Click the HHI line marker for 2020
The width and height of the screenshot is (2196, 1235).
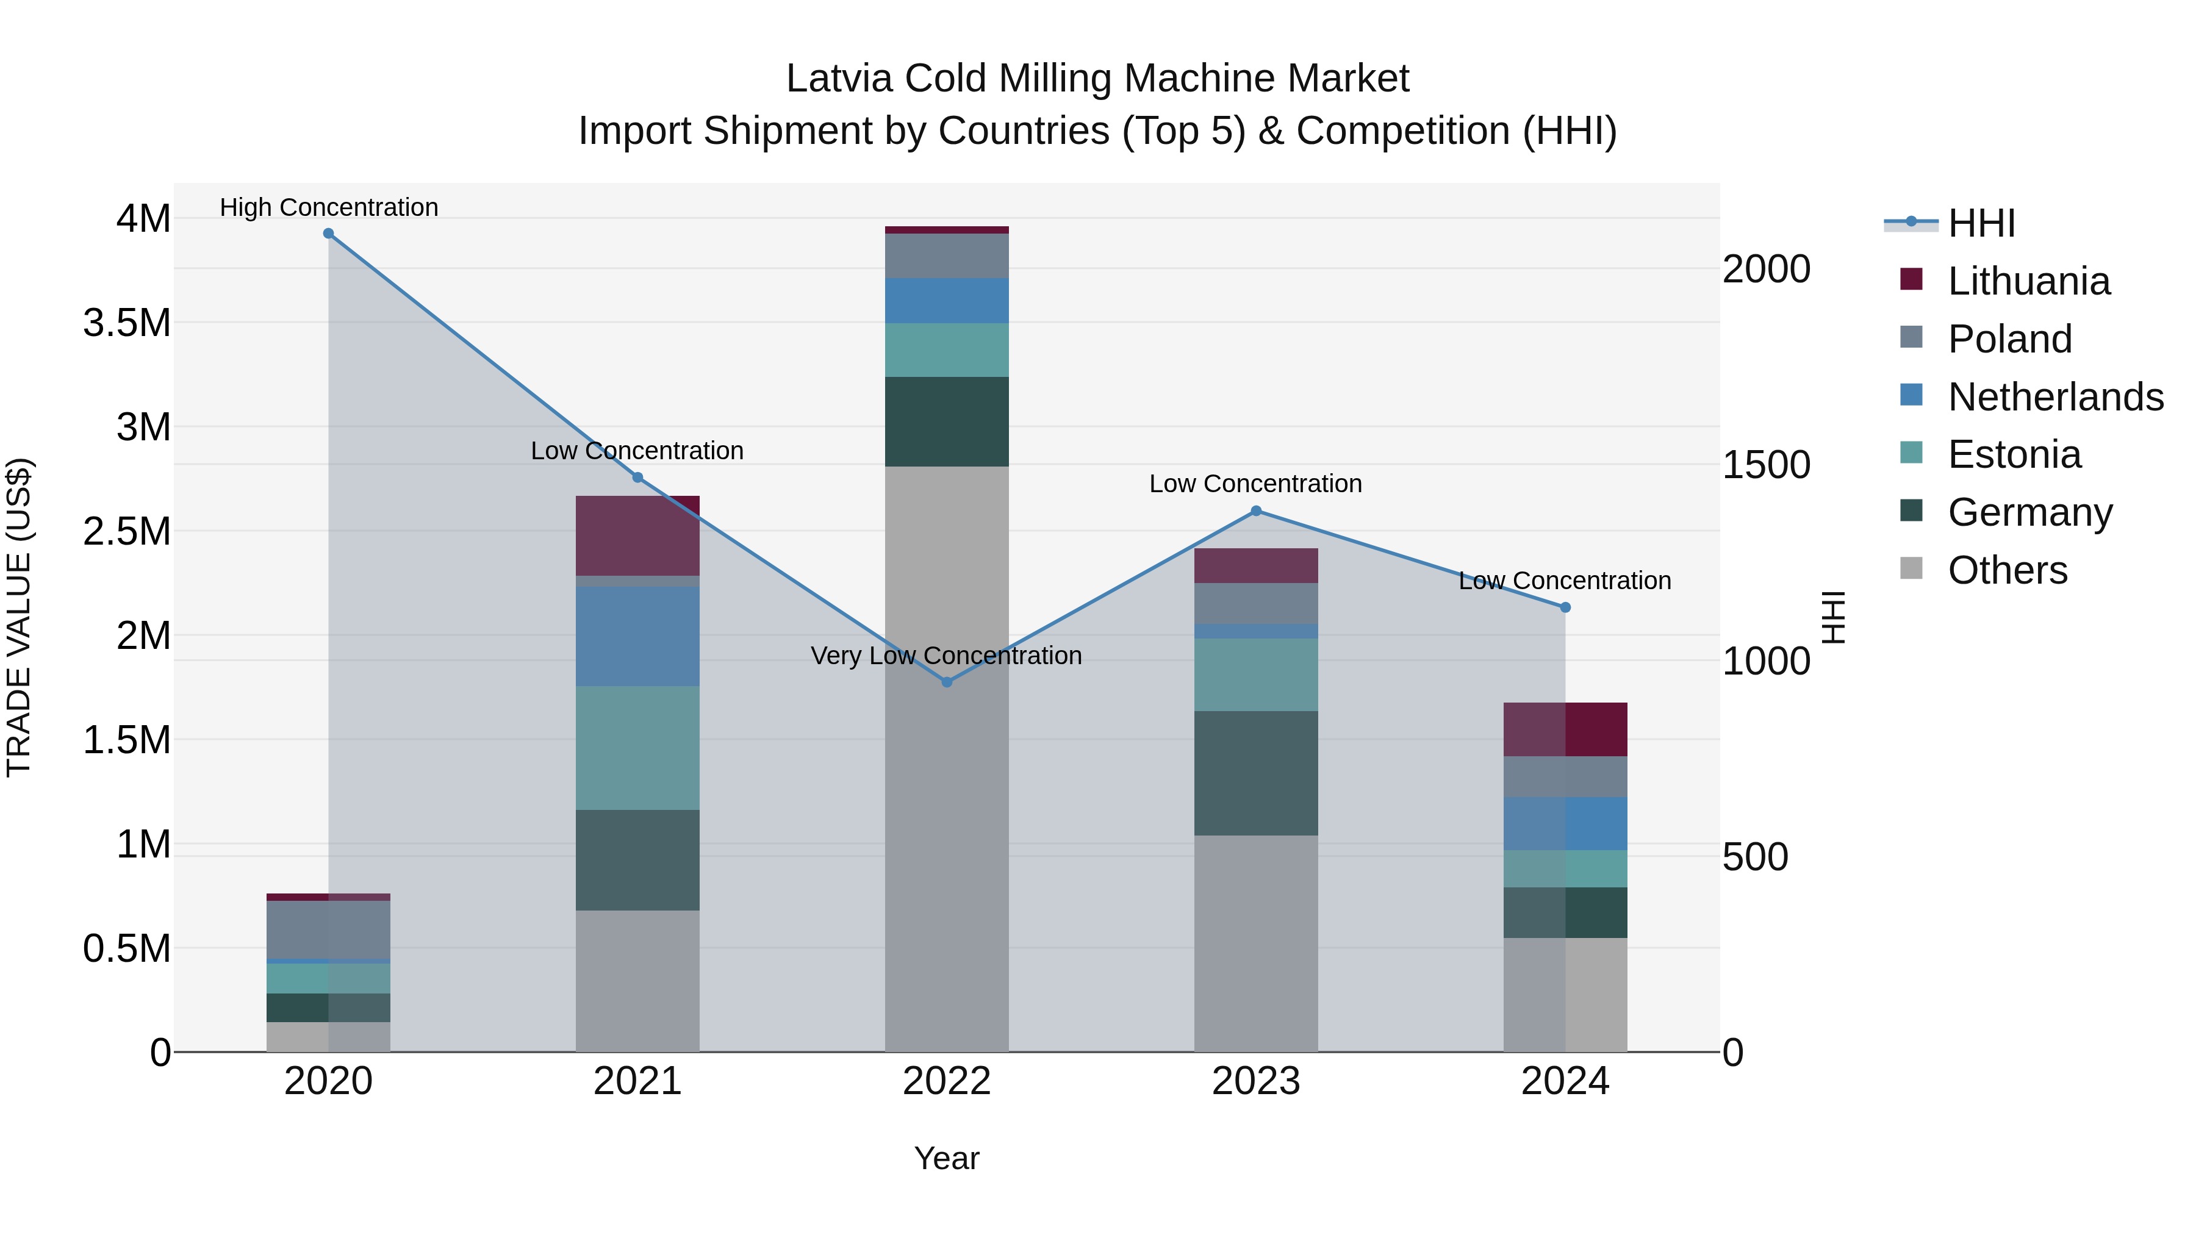pos(328,234)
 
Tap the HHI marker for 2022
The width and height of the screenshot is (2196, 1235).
pos(946,682)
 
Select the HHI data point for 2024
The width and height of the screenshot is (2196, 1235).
pos(1565,607)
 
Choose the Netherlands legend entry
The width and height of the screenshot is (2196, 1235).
pos(2054,397)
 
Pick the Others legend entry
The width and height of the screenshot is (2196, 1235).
pos(2007,570)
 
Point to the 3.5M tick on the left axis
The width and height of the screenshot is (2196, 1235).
pos(126,324)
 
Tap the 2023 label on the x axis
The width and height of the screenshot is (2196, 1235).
pos(1256,1081)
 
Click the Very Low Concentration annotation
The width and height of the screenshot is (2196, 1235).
pos(946,656)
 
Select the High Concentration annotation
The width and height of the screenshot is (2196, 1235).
pos(328,207)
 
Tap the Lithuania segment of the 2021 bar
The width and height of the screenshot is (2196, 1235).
pos(637,535)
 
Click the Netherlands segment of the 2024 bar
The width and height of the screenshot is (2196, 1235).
pos(1565,823)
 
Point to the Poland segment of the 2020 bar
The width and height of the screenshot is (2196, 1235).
pos(328,929)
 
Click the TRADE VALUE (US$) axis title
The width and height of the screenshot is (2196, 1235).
pos(19,617)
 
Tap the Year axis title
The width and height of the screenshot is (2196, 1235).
pos(946,1158)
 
